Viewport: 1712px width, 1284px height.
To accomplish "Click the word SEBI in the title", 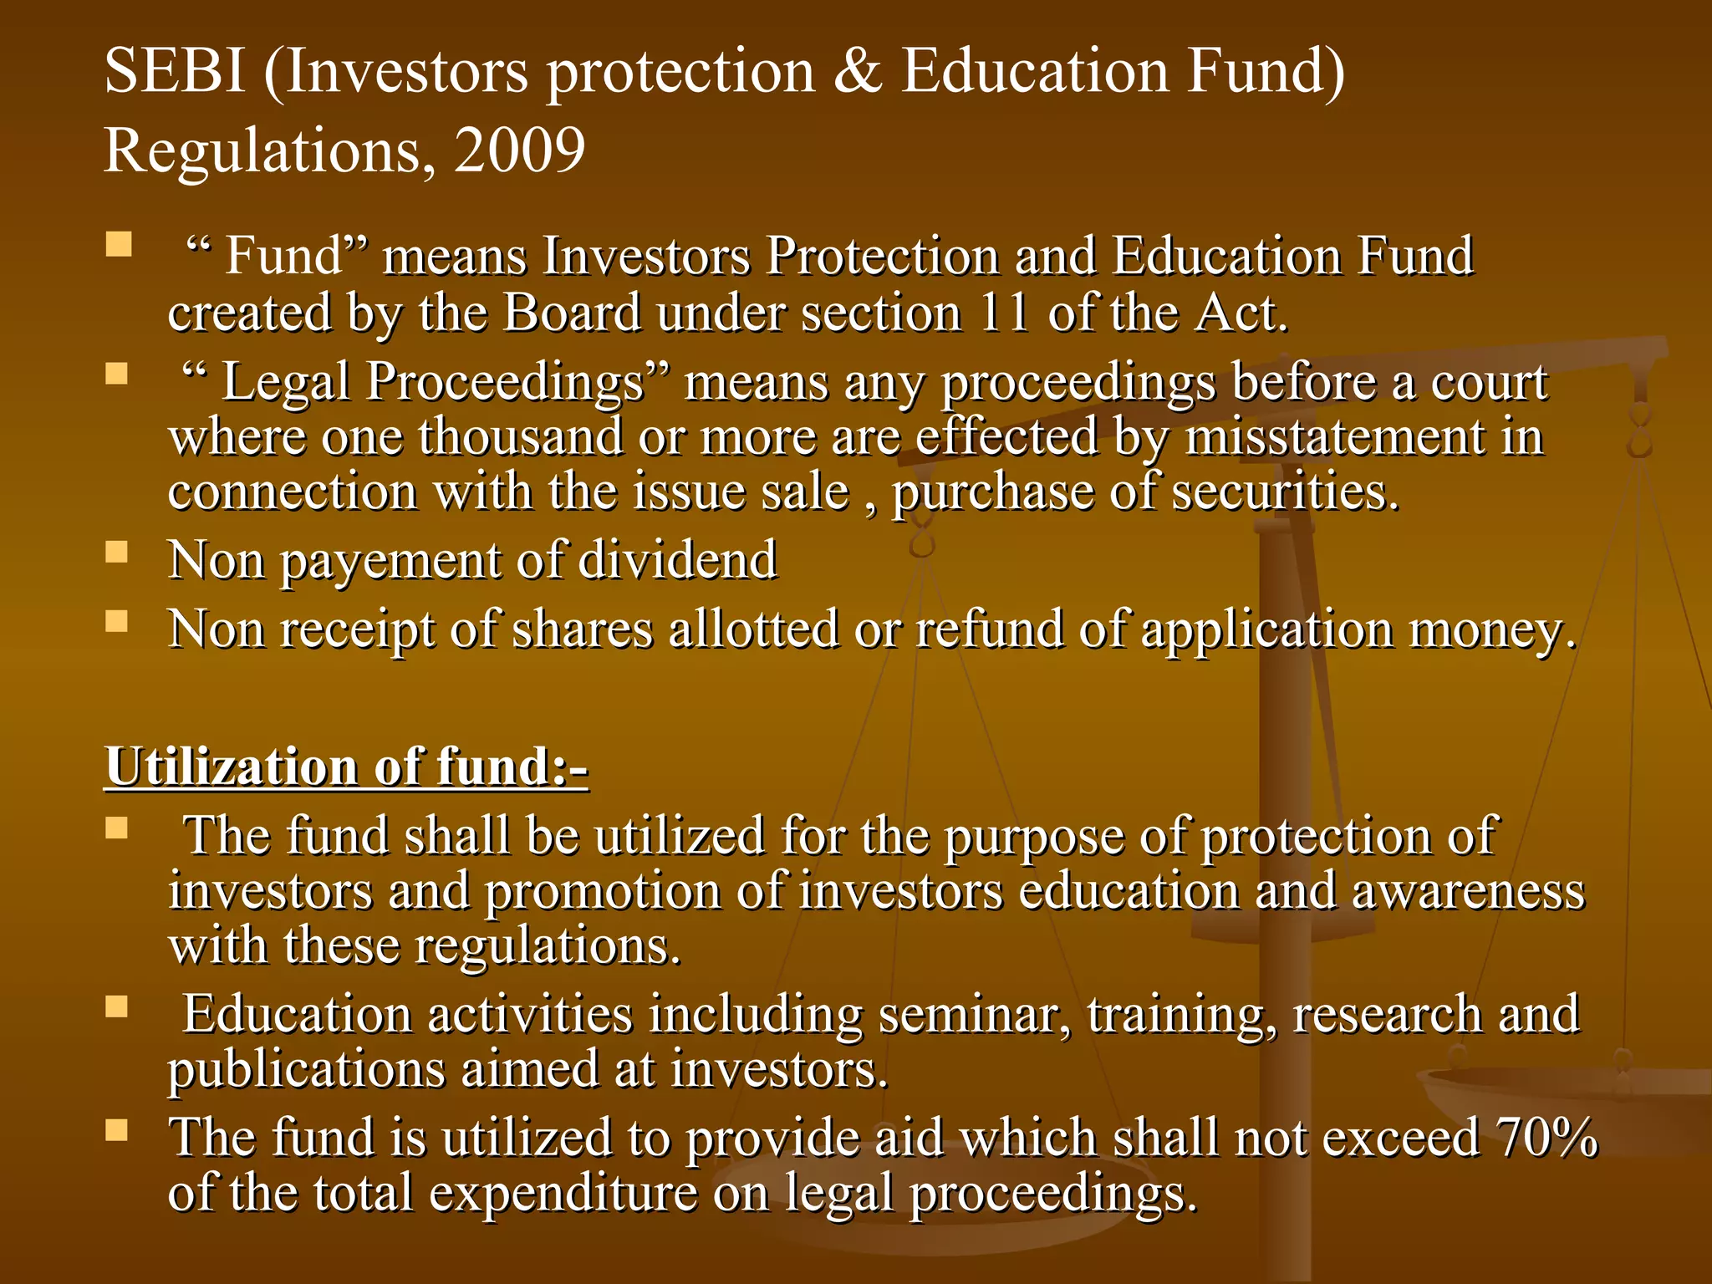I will (x=174, y=72).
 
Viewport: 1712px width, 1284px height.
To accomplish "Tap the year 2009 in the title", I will (x=519, y=151).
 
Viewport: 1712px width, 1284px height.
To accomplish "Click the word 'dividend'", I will (x=677, y=560).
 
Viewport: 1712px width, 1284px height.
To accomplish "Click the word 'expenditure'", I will (x=563, y=1194).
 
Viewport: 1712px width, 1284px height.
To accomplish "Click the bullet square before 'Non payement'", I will (x=117, y=553).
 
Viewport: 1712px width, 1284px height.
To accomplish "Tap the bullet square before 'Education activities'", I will (x=117, y=1006).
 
